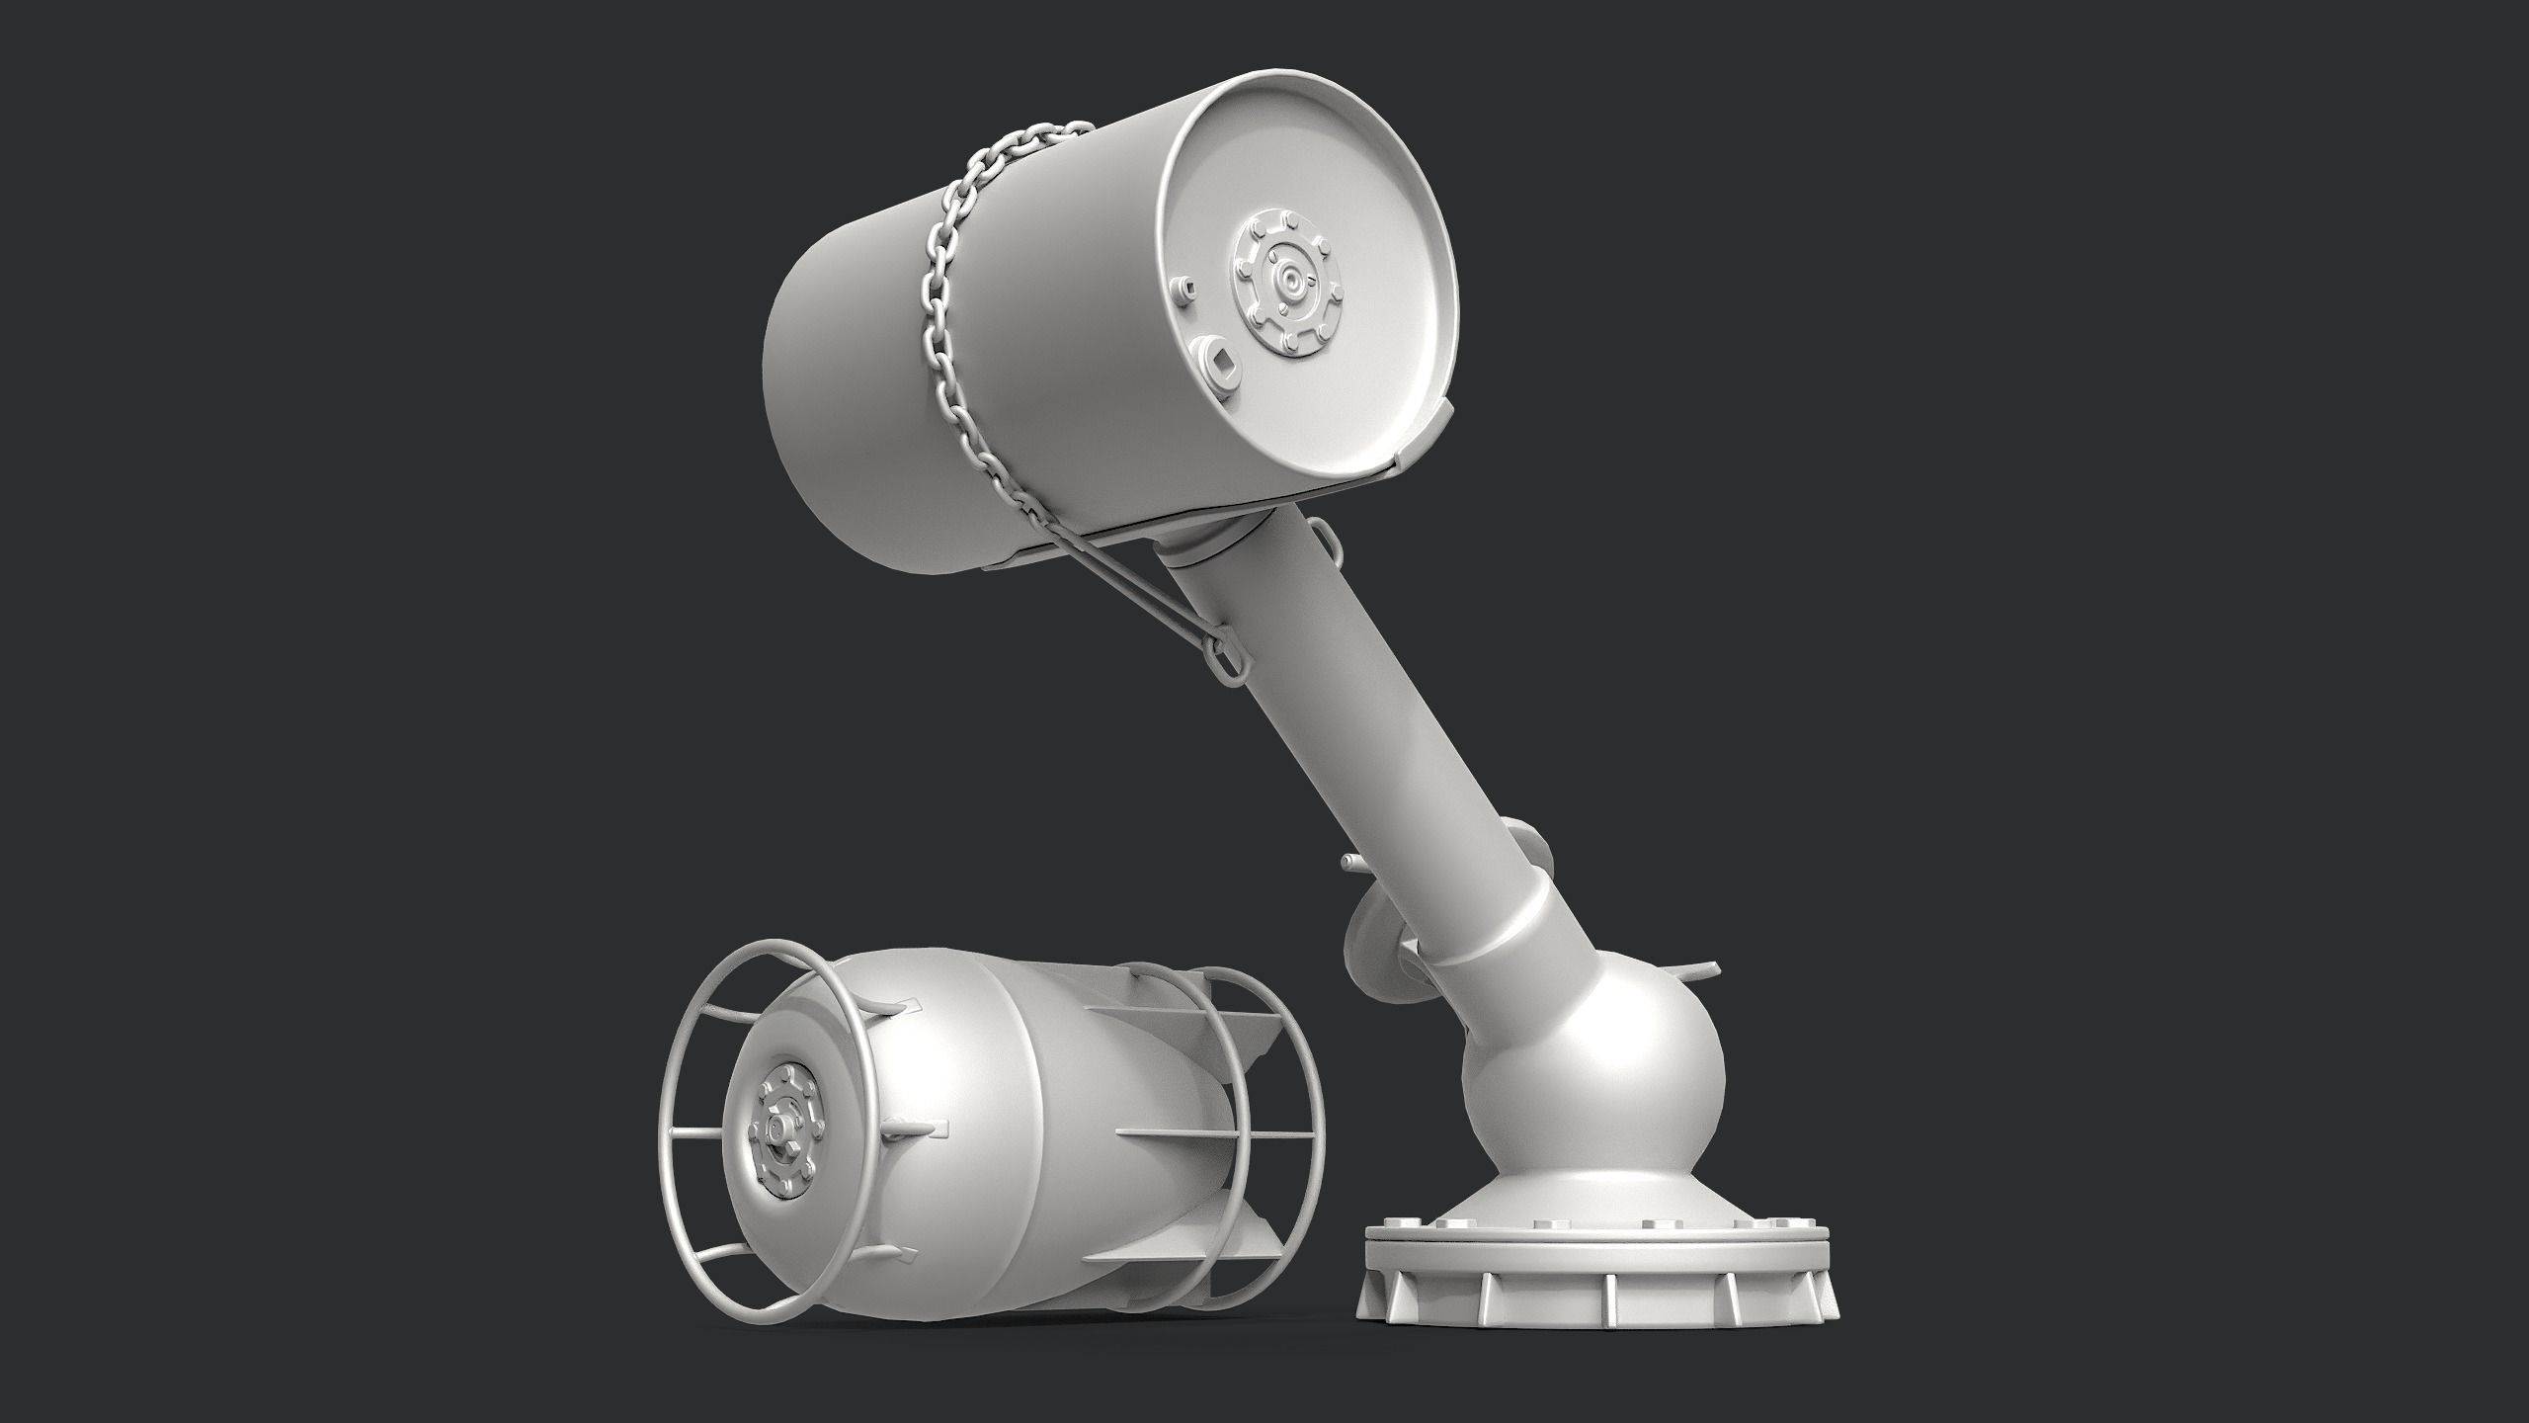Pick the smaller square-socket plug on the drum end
click(x=1185, y=288)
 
